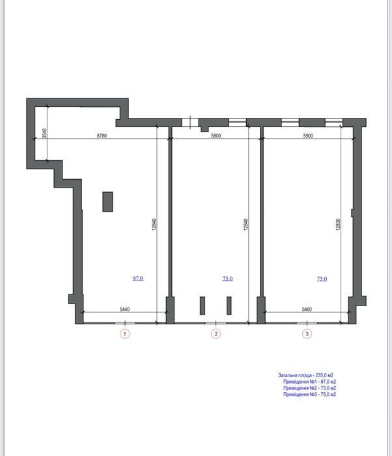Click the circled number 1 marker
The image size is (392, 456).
pyautogui.click(x=125, y=334)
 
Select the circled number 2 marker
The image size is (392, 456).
pyautogui.click(x=216, y=334)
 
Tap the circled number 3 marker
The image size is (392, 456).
pyautogui.click(x=307, y=334)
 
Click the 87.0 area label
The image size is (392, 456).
pyautogui.click(x=138, y=278)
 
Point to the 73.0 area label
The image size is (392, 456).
pyautogui.click(x=227, y=279)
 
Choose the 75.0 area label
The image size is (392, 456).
pyautogui.click(x=322, y=279)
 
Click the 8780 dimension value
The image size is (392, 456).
pyautogui.click(x=102, y=135)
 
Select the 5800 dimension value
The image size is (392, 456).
pyautogui.click(x=216, y=135)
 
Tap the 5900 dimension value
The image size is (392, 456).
pyautogui.click(x=308, y=135)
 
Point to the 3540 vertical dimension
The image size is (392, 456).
pyautogui.click(x=44, y=134)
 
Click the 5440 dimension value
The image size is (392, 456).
pyautogui.click(x=125, y=309)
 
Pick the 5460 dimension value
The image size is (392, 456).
pyautogui.click(x=307, y=309)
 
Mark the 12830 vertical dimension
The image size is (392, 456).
pyautogui.click(x=337, y=225)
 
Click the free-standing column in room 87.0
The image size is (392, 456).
pyautogui.click(x=107, y=201)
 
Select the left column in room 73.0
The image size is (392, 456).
pyautogui.click(x=203, y=306)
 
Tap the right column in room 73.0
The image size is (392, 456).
pyautogui.click(x=229, y=306)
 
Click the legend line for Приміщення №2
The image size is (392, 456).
pyautogui.click(x=310, y=388)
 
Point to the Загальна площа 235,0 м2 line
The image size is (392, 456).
pyautogui.click(x=305, y=375)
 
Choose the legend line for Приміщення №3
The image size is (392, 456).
pyautogui.click(x=310, y=394)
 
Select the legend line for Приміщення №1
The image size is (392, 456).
pyautogui.click(x=310, y=382)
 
